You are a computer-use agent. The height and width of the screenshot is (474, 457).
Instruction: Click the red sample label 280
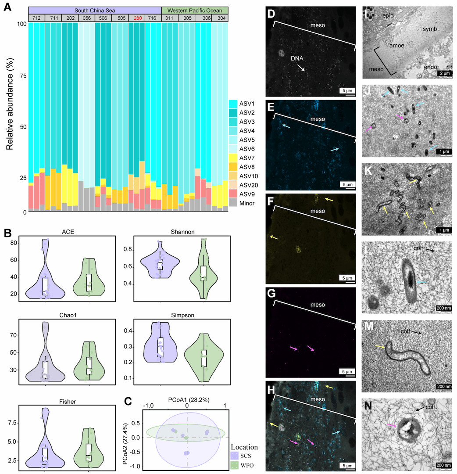(x=137, y=18)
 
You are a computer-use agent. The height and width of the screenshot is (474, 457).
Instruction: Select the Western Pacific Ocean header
(x=195, y=10)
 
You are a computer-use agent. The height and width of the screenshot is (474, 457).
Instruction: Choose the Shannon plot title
(x=175, y=231)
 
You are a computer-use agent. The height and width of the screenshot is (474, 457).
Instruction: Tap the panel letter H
(x=271, y=387)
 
